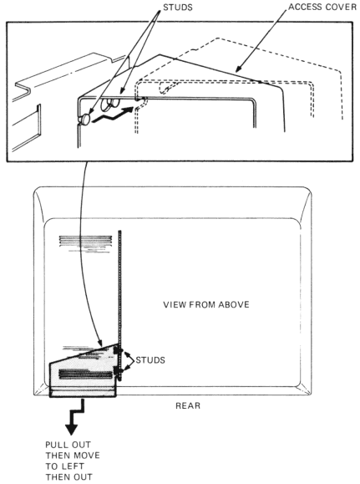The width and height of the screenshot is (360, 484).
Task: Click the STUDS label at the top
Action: [x=178, y=8]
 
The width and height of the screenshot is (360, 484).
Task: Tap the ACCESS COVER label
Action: [x=322, y=7]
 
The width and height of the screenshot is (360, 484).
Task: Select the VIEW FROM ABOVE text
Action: [x=206, y=304]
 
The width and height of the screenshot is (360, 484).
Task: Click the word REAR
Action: [x=188, y=405]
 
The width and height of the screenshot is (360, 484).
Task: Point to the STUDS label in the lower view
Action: [x=150, y=360]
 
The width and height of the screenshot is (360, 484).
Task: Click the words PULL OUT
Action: [x=68, y=445]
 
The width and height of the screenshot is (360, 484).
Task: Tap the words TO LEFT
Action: [x=65, y=466]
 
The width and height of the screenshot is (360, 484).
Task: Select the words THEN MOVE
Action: [x=73, y=456]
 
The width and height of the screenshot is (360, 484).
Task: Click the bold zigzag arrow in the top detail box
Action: [x=114, y=115]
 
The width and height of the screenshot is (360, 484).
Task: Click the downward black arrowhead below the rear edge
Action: [x=71, y=430]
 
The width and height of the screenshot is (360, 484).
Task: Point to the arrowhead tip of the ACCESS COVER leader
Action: [x=236, y=72]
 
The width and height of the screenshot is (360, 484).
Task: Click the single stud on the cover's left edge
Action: [x=84, y=119]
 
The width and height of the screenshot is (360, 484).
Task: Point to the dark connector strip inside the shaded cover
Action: [x=85, y=374]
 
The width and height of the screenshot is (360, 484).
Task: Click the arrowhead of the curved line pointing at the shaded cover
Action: [x=100, y=344]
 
